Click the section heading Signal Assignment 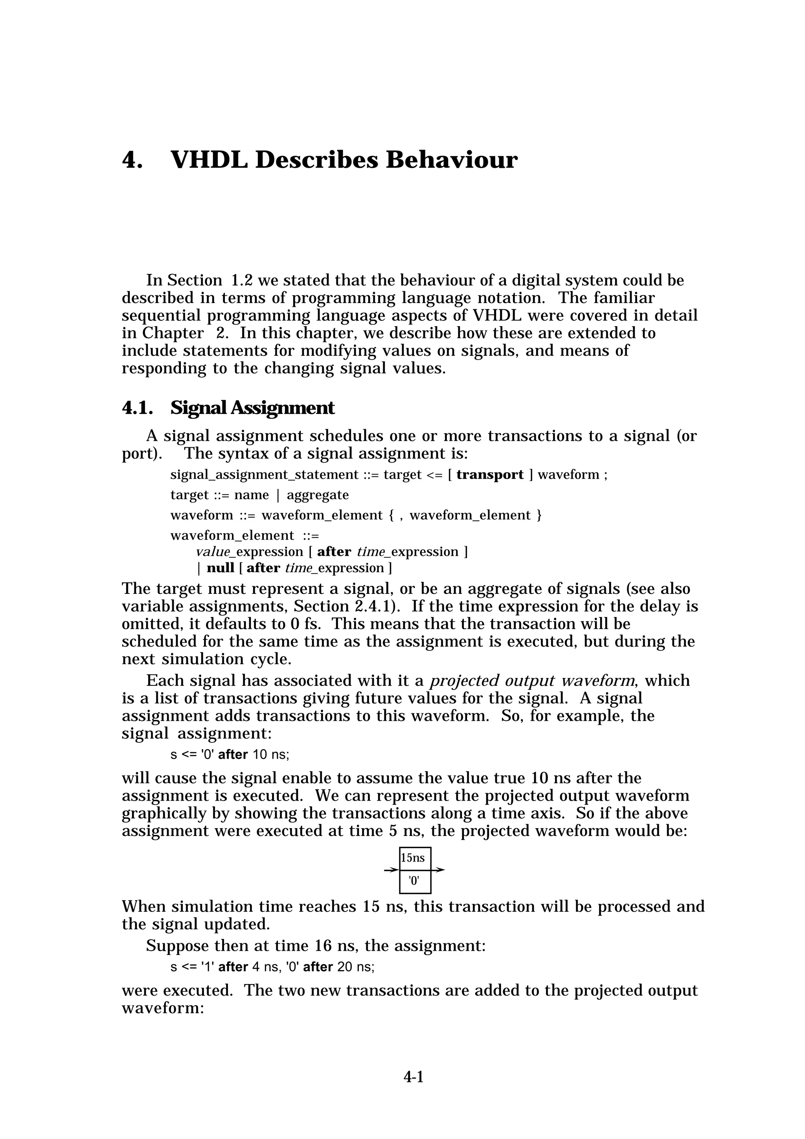coord(252,408)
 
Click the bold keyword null coord(220,568)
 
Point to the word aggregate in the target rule coord(318,495)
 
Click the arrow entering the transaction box coord(391,870)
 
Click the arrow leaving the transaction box coord(438,870)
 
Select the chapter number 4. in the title coord(132,160)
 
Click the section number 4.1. coord(136,408)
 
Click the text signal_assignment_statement coord(264,475)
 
